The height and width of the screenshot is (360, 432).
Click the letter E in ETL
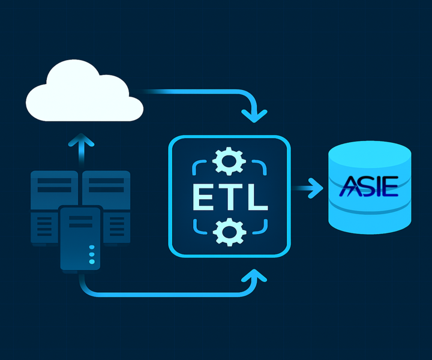point(202,196)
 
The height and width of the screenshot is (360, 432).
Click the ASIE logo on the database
point(368,187)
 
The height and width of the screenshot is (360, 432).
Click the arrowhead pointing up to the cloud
point(82,141)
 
